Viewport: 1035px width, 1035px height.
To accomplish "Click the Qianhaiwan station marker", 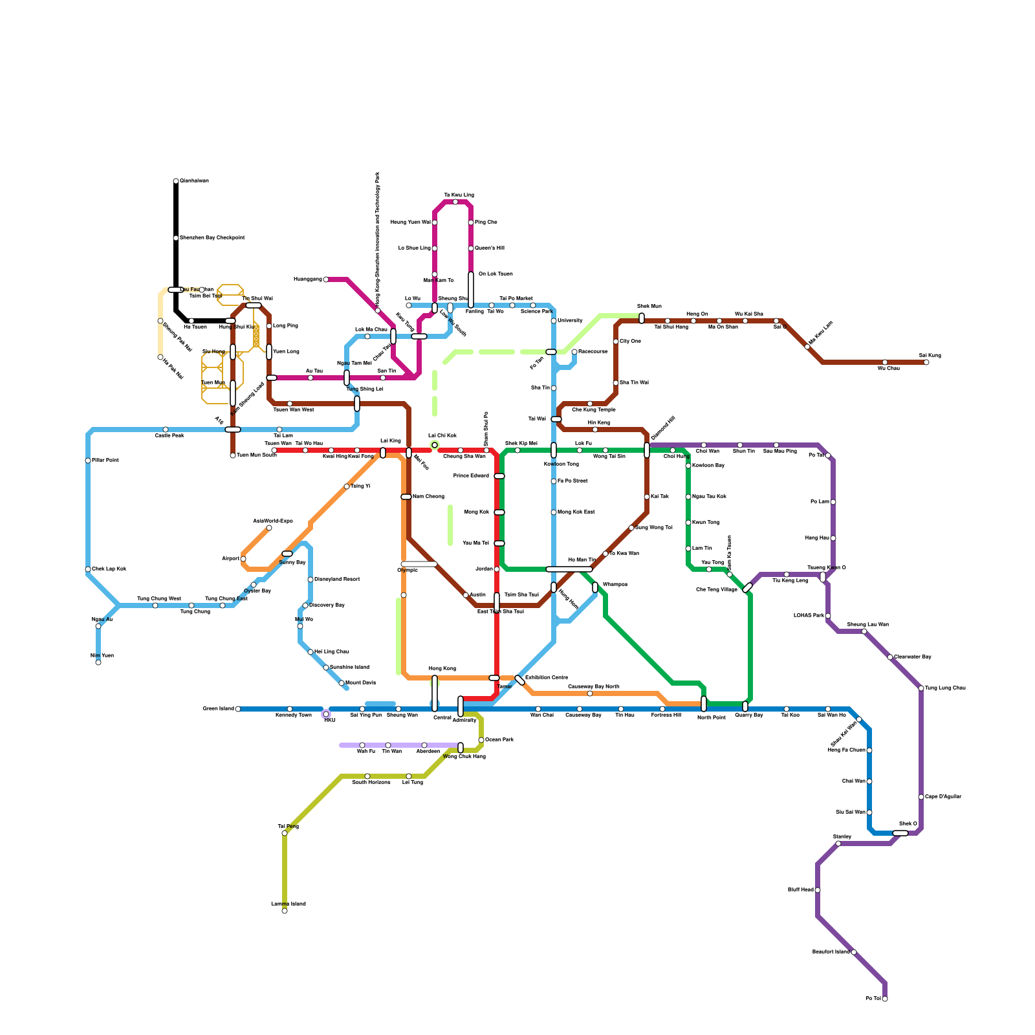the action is pos(176,181).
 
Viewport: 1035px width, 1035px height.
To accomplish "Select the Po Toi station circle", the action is pos(885,999).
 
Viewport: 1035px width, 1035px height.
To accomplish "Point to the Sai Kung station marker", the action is pos(926,362).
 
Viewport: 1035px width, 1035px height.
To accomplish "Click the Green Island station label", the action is pos(218,709).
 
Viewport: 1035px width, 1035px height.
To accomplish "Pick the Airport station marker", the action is pos(243,559).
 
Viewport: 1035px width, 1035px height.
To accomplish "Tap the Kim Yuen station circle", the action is pos(98,662).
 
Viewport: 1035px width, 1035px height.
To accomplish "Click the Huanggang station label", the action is pos(307,279).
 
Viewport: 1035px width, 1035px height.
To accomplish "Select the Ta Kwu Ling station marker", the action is pos(455,202).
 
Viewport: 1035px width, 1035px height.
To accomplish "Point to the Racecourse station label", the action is pos(593,352).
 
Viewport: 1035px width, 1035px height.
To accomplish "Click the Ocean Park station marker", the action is pos(481,740).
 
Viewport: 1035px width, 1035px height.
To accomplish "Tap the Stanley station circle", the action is pos(838,844).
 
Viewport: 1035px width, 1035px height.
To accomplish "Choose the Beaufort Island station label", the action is pos(831,952).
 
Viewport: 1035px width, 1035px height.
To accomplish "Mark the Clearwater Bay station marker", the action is pos(890,657).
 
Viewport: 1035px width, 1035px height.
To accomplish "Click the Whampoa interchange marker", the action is pos(595,587).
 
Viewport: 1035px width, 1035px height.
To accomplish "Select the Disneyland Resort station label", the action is pos(337,580).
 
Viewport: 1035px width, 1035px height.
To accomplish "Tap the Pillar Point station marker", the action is pos(88,461).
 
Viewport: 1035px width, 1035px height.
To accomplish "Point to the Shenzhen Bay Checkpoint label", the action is pos(212,238).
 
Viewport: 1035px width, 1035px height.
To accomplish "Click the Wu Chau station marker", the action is pos(885,362).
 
